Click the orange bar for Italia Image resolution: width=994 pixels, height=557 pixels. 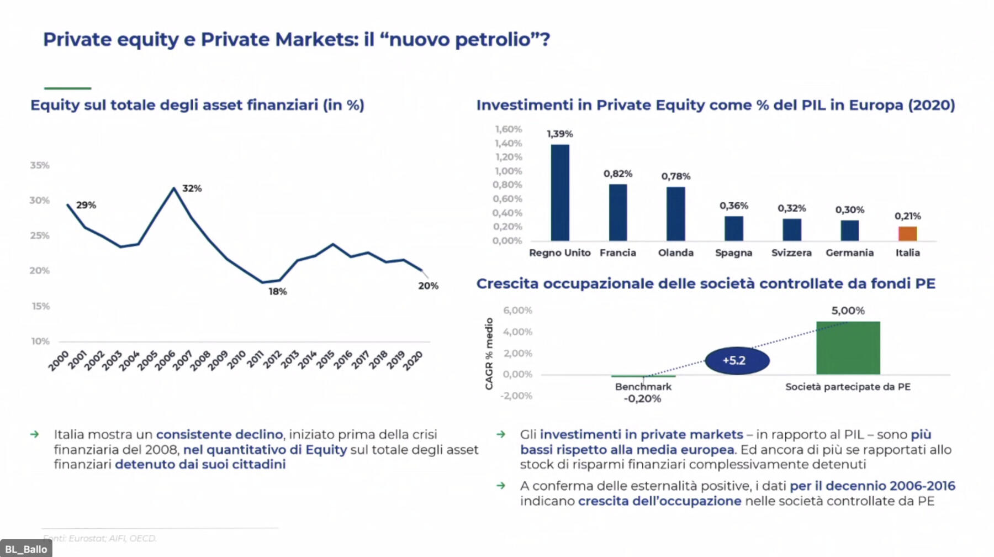click(x=907, y=234)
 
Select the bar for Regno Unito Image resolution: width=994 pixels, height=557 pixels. click(x=560, y=193)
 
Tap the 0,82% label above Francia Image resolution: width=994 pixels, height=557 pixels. click(x=617, y=174)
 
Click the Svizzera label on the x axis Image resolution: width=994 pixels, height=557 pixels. click(x=791, y=253)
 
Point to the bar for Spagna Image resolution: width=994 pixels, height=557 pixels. click(x=733, y=228)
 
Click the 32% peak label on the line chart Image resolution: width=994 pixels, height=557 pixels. click(x=192, y=188)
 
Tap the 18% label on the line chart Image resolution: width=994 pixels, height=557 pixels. click(x=277, y=291)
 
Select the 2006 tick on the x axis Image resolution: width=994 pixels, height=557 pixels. click(x=165, y=360)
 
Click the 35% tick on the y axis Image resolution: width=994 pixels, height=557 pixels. click(x=40, y=165)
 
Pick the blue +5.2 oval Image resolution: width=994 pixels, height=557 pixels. click(x=737, y=360)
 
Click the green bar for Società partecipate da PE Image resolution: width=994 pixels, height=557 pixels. click(x=848, y=348)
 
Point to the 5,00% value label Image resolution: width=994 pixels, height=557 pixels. click(x=848, y=311)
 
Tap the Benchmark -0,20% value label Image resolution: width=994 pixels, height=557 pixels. click(x=642, y=398)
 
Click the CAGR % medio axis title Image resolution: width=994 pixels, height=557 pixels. click(x=489, y=354)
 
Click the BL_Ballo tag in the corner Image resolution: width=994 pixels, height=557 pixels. click(x=26, y=549)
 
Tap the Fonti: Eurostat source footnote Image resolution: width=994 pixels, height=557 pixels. click(x=100, y=538)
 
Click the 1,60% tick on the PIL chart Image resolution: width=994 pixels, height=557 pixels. click(x=508, y=129)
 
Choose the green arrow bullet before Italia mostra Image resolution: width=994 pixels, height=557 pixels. click(x=35, y=434)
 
